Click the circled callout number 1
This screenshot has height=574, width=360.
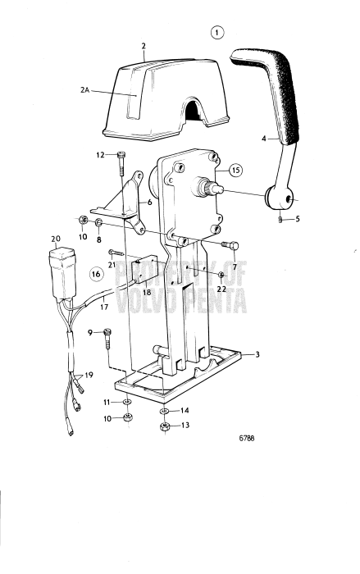point(216,34)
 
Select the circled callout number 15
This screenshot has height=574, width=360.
point(235,170)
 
